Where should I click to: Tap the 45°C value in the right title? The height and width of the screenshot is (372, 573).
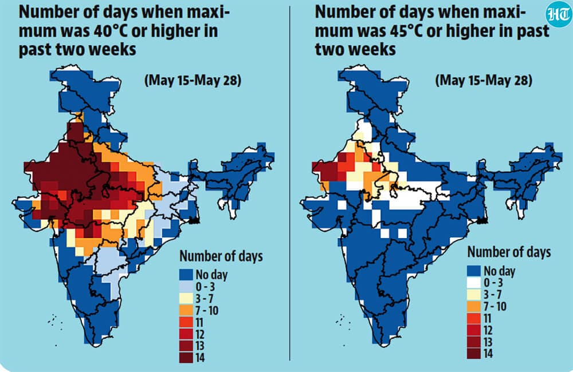tap(404, 30)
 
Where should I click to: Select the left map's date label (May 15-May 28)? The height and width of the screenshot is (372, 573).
tap(193, 80)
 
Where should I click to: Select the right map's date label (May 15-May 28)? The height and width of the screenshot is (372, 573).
tap(484, 80)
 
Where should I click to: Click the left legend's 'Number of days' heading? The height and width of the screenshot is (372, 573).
tap(221, 256)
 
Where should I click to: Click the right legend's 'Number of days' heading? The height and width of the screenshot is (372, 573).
tap(509, 252)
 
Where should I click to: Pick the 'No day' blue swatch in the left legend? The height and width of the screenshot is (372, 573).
tap(186, 275)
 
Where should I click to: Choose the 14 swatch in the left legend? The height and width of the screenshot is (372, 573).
tap(186, 357)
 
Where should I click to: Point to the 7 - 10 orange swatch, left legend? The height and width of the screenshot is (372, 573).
tap(186, 310)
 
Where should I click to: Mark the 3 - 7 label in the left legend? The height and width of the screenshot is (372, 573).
tap(205, 299)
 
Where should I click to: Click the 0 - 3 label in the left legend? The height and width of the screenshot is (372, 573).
tap(205, 287)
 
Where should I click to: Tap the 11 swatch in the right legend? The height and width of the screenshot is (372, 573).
tap(474, 318)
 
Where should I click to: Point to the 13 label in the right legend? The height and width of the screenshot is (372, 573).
tap(488, 342)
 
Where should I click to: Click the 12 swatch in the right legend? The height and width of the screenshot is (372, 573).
tap(474, 330)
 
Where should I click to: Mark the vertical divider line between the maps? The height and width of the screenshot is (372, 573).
tap(290, 183)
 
